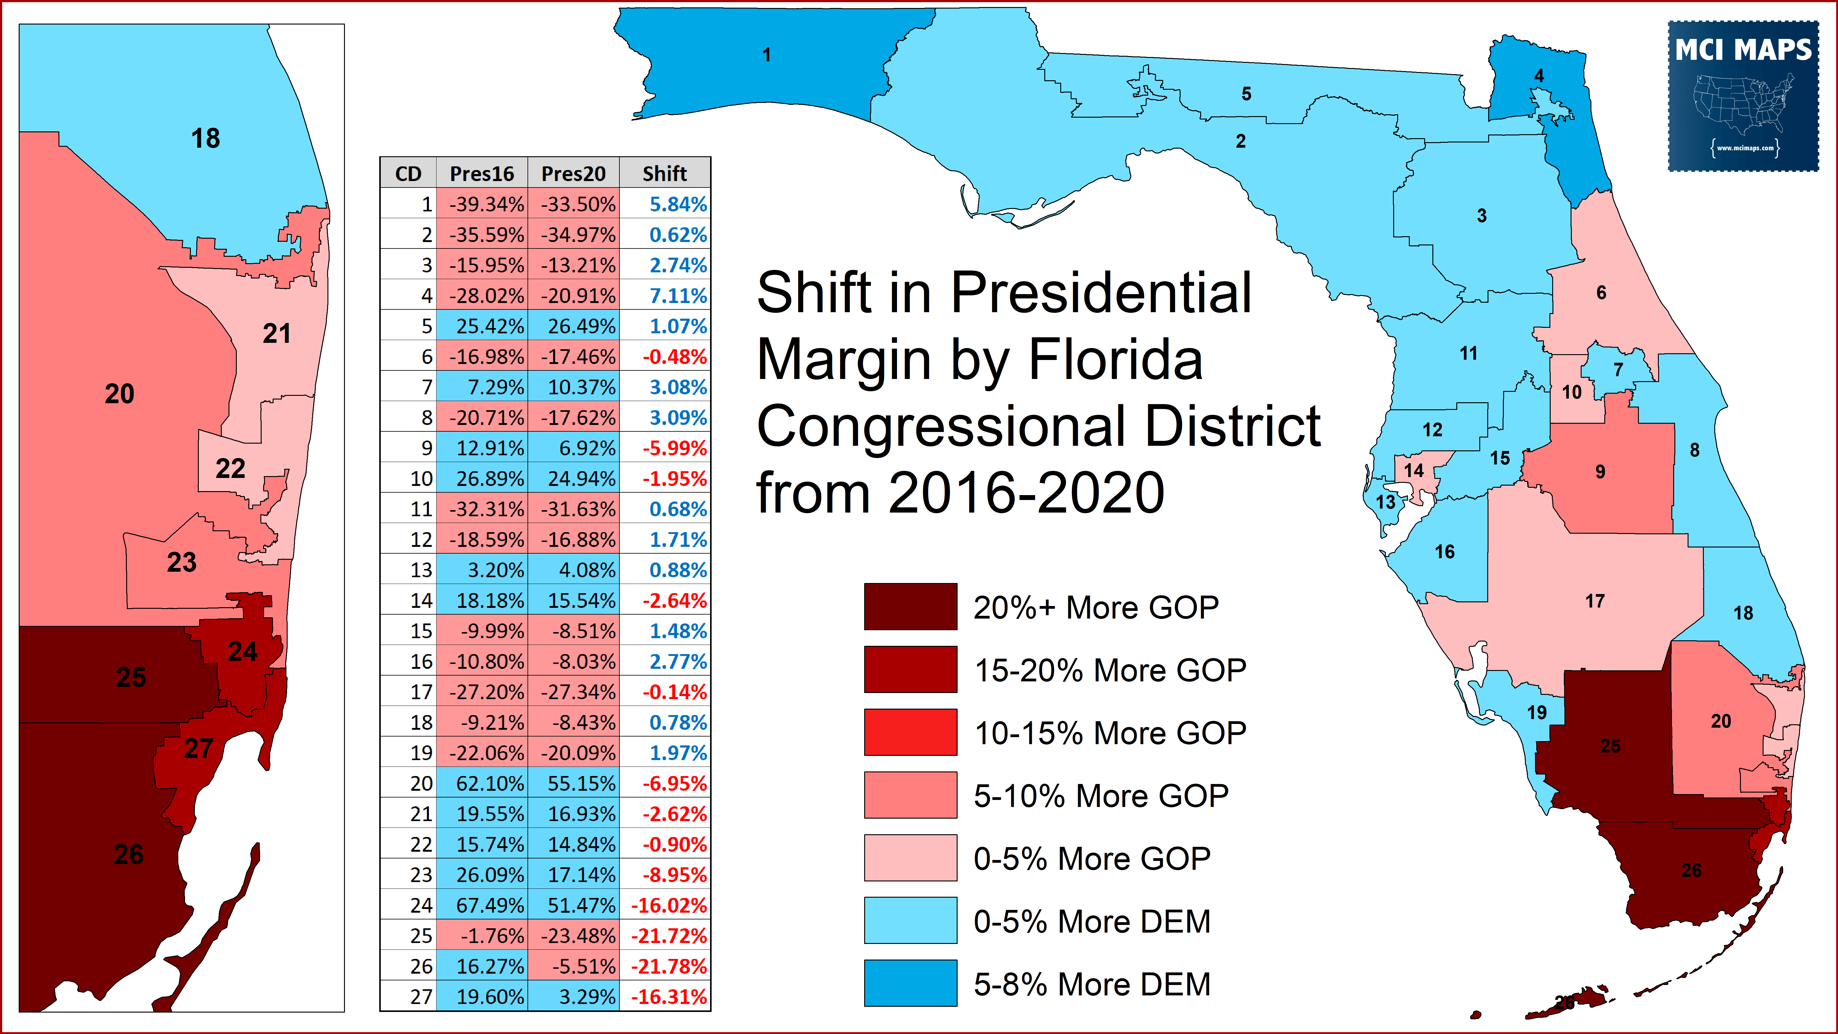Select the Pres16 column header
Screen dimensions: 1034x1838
pyautogui.click(x=482, y=173)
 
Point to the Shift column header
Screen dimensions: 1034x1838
pyautogui.click(x=664, y=173)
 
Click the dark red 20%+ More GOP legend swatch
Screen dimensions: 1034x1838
pyautogui.click(x=910, y=607)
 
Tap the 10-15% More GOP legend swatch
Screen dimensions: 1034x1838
pyautogui.click(x=910, y=732)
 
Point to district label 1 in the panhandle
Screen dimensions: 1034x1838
pyautogui.click(x=766, y=55)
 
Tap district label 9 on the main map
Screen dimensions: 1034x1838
pyautogui.click(x=1600, y=472)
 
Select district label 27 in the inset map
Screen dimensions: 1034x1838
pyautogui.click(x=199, y=748)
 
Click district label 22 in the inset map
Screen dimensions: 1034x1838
pyautogui.click(x=230, y=469)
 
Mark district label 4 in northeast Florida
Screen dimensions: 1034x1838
pyautogui.click(x=1539, y=76)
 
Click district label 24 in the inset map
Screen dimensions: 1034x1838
pyautogui.click(x=243, y=652)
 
